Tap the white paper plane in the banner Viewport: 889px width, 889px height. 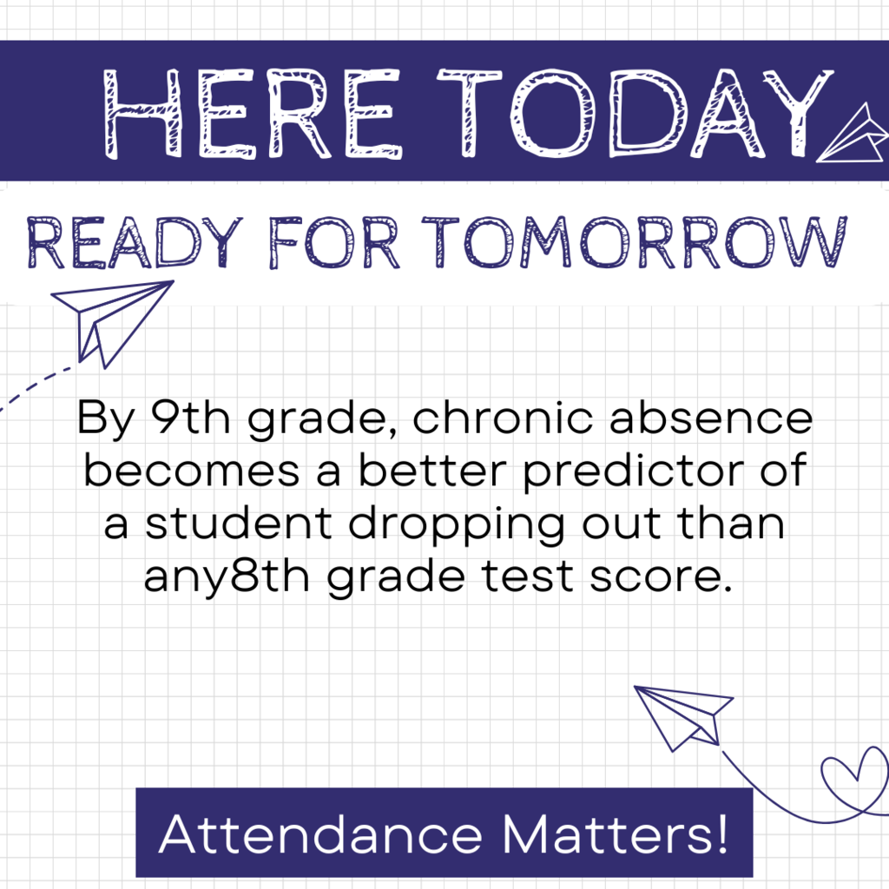point(854,135)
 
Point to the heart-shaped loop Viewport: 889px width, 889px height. point(855,777)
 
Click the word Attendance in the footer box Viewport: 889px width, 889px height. point(319,834)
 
